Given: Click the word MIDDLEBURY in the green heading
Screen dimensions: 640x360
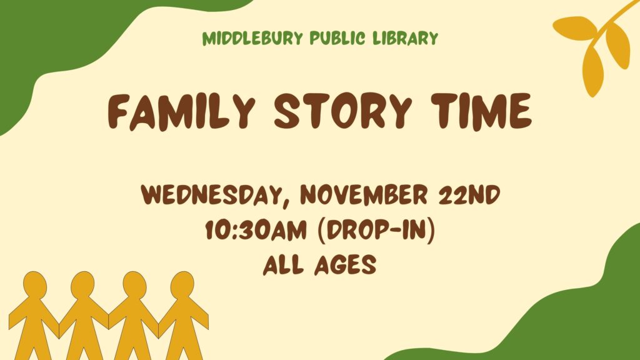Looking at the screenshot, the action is pyautogui.click(x=252, y=38).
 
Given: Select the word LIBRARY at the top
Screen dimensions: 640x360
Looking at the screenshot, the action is pyautogui.click(x=405, y=38).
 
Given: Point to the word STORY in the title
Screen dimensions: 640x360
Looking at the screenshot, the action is pyautogui.click(x=343, y=111).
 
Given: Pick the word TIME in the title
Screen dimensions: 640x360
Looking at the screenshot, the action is pyautogui.click(x=482, y=111).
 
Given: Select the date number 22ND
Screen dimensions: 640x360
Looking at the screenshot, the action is pyautogui.click(x=469, y=195).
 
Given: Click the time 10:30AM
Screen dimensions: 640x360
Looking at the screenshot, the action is pyautogui.click(x=256, y=230).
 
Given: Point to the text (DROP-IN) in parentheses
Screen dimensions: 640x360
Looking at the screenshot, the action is pyautogui.click(x=376, y=231).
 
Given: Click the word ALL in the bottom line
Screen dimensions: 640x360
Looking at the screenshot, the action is pyautogui.click(x=283, y=265).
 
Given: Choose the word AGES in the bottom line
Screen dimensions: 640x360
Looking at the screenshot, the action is pyautogui.click(x=345, y=265).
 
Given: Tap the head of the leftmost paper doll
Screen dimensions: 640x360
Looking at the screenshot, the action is pyautogui.click(x=35, y=285).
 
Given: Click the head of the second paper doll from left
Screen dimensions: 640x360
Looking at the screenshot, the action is pyautogui.click(x=82, y=285).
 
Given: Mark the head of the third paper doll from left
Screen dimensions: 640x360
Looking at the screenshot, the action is pyautogui.click(x=135, y=285).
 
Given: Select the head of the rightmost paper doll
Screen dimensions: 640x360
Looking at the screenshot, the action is pyautogui.click(x=182, y=285).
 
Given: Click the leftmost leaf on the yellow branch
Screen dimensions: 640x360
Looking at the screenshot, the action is pyautogui.click(x=575, y=27).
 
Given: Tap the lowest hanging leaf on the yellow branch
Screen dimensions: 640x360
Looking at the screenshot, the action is pyautogui.click(x=592, y=70).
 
